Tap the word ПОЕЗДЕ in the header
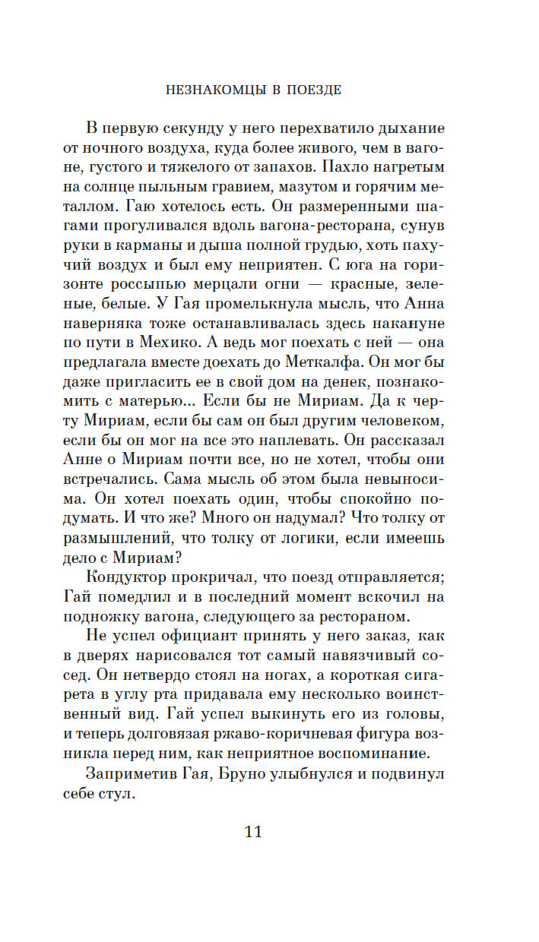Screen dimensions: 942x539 coord(313,90)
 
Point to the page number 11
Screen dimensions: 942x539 coord(253,831)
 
